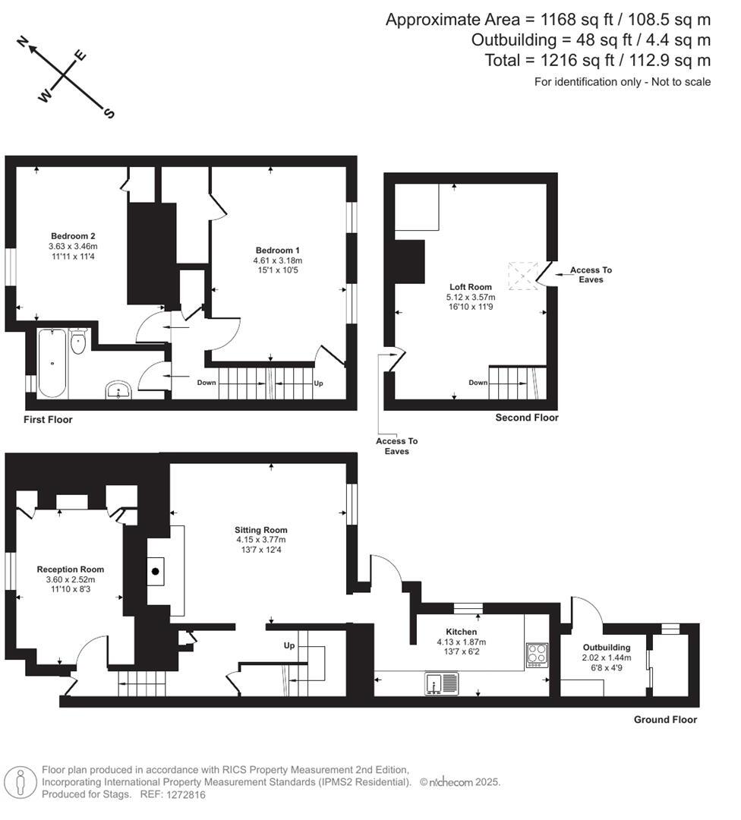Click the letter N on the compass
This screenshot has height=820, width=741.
point(24,43)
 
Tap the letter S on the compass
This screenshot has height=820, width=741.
point(109,114)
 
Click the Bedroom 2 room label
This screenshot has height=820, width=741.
point(73,235)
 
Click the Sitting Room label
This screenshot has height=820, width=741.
point(261,530)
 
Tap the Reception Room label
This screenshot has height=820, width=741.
point(71,569)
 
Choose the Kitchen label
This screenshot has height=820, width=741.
point(462,632)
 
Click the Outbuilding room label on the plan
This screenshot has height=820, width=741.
point(606,648)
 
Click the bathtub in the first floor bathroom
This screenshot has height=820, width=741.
point(52,363)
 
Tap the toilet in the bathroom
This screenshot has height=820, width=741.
point(78,343)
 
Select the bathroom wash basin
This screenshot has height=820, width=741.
point(119,391)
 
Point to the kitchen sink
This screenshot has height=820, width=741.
point(441,683)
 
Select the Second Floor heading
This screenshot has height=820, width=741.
point(526,418)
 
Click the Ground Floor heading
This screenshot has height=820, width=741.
point(665,719)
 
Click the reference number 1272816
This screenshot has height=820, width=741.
point(185,794)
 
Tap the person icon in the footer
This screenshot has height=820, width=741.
point(20,782)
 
